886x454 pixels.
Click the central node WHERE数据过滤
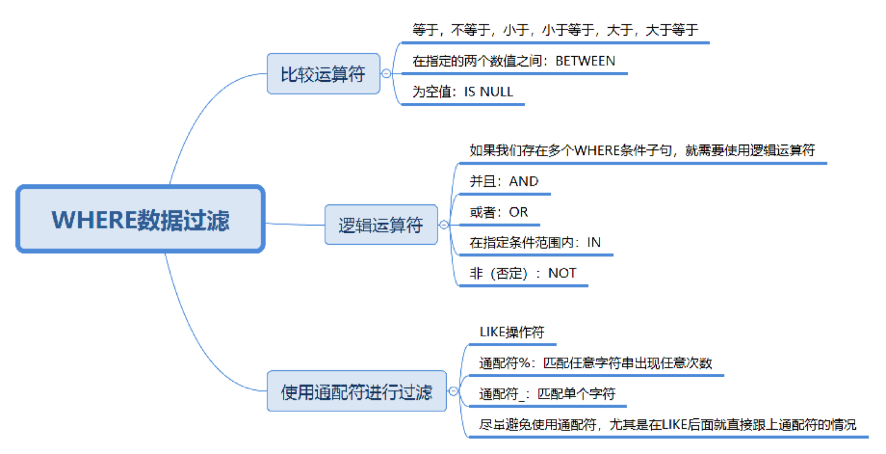click(140, 220)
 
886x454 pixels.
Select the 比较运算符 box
click(323, 74)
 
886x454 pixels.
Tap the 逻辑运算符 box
click(381, 225)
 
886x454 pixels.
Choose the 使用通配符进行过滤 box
click(356, 392)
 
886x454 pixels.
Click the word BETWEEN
click(585, 60)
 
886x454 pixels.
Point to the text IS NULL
click(489, 92)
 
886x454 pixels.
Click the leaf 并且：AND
click(503, 181)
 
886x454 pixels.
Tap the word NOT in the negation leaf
click(562, 273)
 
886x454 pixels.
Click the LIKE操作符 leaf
click(512, 332)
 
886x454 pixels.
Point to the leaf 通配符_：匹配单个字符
click(547, 394)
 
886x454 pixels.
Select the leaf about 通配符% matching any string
click(595, 363)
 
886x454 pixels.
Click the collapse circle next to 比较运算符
click(387, 74)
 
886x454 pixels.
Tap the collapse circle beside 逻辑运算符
click(444, 225)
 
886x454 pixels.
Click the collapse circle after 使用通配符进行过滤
click(453, 392)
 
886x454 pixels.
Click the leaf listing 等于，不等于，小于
click(555, 30)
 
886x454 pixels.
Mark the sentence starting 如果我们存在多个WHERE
click(641, 151)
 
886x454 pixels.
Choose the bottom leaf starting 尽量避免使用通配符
click(667, 424)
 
